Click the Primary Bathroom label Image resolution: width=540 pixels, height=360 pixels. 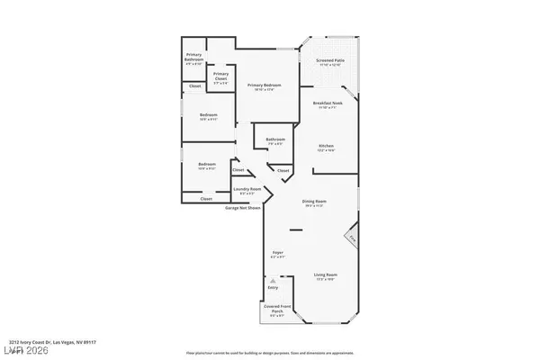[x=194, y=60]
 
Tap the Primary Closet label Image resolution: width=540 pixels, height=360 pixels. [x=220, y=77]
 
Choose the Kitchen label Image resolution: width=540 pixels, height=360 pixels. [x=327, y=148]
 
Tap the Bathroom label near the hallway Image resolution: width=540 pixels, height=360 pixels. [x=275, y=141]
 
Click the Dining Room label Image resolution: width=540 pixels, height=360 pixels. [x=314, y=205]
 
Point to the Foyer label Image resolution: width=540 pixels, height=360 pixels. [x=278, y=255]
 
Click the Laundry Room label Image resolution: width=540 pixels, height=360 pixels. [x=247, y=191]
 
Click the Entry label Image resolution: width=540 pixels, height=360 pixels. [x=274, y=288]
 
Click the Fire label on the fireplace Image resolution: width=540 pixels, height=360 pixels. [x=352, y=239]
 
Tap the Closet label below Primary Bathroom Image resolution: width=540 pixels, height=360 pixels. [x=194, y=86]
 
